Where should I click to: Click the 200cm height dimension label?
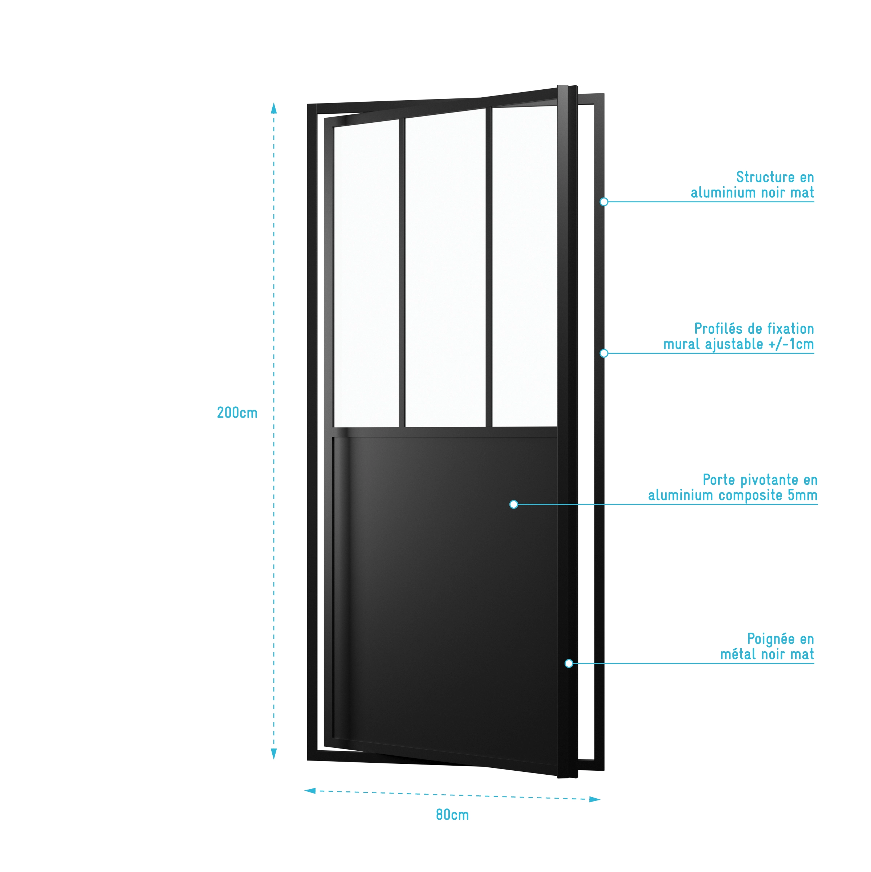[x=237, y=413]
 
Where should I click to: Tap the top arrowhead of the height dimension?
[x=273, y=108]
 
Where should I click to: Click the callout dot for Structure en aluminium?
[x=604, y=202]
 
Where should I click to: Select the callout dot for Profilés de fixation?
[x=604, y=353]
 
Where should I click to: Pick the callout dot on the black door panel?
[x=514, y=504]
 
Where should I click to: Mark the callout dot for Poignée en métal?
[x=569, y=664]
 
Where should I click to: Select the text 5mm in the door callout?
[x=802, y=495]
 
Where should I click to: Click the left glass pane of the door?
[x=366, y=271]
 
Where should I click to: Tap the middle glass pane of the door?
[x=445, y=266]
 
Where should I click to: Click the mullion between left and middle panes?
[x=402, y=271]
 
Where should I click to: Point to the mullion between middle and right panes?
[x=489, y=266]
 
